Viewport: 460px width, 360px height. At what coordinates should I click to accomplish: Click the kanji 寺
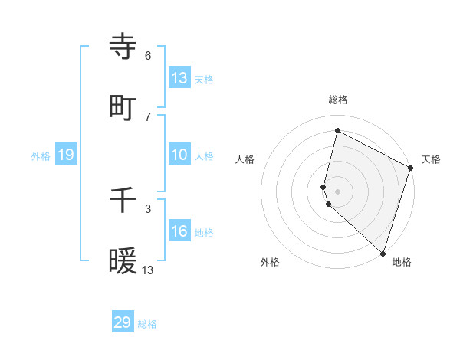tap(123, 47)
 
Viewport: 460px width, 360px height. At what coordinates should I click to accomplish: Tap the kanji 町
tap(123, 108)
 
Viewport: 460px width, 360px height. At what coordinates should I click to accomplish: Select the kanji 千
tap(123, 201)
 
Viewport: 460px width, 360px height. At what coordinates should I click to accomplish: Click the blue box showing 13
tap(179, 77)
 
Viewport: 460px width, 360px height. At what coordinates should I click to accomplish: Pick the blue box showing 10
tap(179, 155)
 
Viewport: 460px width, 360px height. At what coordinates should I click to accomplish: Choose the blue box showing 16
tap(179, 231)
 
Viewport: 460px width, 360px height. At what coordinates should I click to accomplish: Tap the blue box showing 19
tap(66, 155)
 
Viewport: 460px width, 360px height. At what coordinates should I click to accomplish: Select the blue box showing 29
tap(123, 322)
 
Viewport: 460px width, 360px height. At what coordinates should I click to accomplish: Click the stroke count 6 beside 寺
tap(148, 56)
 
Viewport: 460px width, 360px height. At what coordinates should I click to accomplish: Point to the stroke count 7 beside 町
tap(148, 117)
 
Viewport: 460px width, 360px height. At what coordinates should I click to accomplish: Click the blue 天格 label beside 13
tap(204, 79)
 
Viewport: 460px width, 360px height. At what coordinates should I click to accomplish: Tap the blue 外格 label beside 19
tap(41, 156)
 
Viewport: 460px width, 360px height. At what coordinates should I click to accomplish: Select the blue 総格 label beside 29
tap(147, 324)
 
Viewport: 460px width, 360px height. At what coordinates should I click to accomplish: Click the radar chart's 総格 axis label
tap(338, 100)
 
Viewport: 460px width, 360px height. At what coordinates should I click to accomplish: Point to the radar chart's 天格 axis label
tap(431, 159)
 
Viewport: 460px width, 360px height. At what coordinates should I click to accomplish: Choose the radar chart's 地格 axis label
tap(402, 262)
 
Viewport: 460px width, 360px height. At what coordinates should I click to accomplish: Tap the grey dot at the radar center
tap(338, 191)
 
